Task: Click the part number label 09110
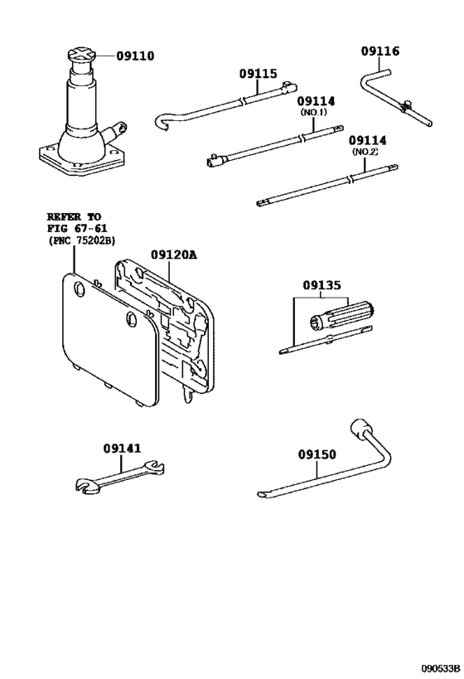tap(135, 56)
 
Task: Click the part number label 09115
tap(259, 74)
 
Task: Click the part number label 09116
tap(379, 51)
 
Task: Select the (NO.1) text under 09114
tap(314, 113)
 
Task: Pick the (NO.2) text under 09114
tap(365, 153)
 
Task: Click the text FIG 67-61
tap(77, 228)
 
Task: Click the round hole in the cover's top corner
tap(80, 288)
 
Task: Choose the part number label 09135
tap(321, 285)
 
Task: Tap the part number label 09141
tap(123, 448)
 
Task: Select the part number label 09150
tap(317, 454)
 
